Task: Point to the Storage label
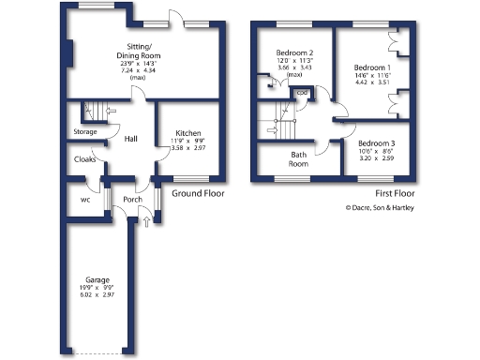coord(85,132)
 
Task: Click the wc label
coord(85,199)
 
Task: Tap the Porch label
coord(132,200)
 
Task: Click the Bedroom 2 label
coord(294,52)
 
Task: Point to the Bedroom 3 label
coord(377,143)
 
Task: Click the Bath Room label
coord(299,158)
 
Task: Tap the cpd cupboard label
coord(302,93)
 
